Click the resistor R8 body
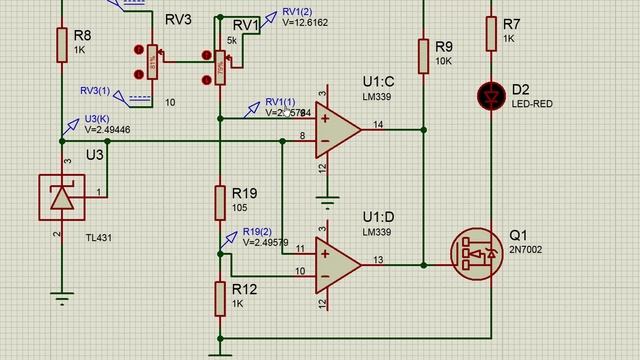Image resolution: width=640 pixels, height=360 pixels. (61, 43)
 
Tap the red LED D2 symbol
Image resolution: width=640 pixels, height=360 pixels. (491, 96)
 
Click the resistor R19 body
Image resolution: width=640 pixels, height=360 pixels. (220, 202)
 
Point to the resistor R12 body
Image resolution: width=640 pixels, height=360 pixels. (220, 296)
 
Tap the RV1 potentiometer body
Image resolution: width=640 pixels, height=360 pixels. (221, 65)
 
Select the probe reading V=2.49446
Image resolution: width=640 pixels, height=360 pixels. (107, 129)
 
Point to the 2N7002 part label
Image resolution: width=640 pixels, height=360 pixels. (526, 250)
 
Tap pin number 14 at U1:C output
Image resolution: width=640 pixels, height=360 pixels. (378, 124)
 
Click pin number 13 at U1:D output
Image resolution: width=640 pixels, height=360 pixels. (378, 259)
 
